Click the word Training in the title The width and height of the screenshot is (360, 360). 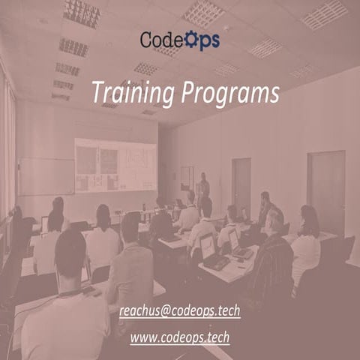[132, 92]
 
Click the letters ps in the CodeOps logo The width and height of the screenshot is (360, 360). [210, 40]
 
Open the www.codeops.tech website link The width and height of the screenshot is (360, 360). [179, 337]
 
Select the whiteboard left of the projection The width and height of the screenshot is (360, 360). [46, 175]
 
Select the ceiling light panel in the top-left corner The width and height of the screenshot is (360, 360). [82, 12]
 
